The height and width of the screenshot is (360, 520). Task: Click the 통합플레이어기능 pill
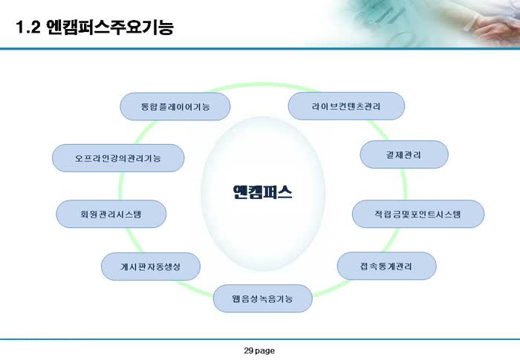[175, 106]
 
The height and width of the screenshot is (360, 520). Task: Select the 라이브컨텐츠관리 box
[346, 106]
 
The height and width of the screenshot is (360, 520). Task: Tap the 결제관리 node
[404, 154]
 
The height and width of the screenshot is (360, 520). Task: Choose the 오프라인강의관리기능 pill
[118, 158]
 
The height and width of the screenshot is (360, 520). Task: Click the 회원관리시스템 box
[111, 214]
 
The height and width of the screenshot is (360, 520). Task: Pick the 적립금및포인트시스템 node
[417, 214]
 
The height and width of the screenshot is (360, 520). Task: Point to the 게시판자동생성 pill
[151, 266]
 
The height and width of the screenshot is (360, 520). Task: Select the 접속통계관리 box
[386, 266]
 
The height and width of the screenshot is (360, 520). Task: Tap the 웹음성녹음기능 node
[263, 298]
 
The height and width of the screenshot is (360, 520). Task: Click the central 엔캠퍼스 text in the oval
[262, 192]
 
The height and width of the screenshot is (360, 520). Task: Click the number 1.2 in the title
[28, 27]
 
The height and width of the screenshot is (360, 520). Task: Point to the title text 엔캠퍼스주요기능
[110, 27]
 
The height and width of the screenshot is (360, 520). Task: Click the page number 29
[249, 350]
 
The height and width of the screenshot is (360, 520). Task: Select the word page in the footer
[265, 351]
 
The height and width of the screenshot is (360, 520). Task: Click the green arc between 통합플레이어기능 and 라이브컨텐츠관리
[262, 85]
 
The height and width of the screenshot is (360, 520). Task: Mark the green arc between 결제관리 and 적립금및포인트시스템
[404, 184]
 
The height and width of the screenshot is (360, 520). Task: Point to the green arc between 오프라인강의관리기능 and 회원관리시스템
[121, 186]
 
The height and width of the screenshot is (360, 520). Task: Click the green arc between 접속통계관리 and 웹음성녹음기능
[331, 288]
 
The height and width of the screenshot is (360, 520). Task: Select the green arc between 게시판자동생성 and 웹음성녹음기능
[195, 288]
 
